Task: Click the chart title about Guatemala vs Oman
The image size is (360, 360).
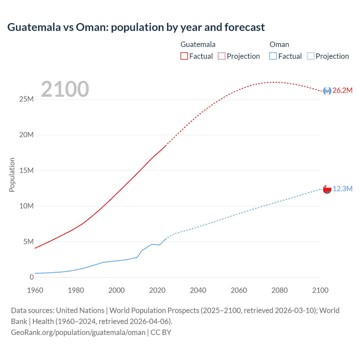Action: [x=136, y=27]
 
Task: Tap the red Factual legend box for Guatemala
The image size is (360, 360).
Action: [x=184, y=56]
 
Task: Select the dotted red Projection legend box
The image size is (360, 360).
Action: [x=222, y=56]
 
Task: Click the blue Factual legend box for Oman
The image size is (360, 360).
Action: [x=273, y=56]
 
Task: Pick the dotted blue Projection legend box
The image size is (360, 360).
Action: [x=310, y=56]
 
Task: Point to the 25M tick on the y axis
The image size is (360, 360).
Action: [x=26, y=99]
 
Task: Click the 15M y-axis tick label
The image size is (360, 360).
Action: [x=26, y=170]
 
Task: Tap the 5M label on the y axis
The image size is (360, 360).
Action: [x=28, y=242]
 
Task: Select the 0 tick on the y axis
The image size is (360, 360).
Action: [x=31, y=277]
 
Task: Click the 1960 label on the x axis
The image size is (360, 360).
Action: [x=35, y=290]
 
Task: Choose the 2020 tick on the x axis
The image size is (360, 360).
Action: [x=157, y=290]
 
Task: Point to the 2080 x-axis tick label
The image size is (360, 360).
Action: [x=279, y=290]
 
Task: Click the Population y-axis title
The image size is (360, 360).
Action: [x=12, y=175]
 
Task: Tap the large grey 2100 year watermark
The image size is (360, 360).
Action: [x=65, y=89]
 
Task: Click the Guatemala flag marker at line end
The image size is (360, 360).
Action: [x=327, y=91]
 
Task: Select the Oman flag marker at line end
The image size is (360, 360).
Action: [x=327, y=189]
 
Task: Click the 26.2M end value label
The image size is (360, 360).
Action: [x=342, y=91]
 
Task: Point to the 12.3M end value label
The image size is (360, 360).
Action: [x=342, y=189]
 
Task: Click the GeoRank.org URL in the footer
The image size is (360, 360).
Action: [x=78, y=332]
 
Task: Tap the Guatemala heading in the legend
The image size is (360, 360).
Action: [x=198, y=44]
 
